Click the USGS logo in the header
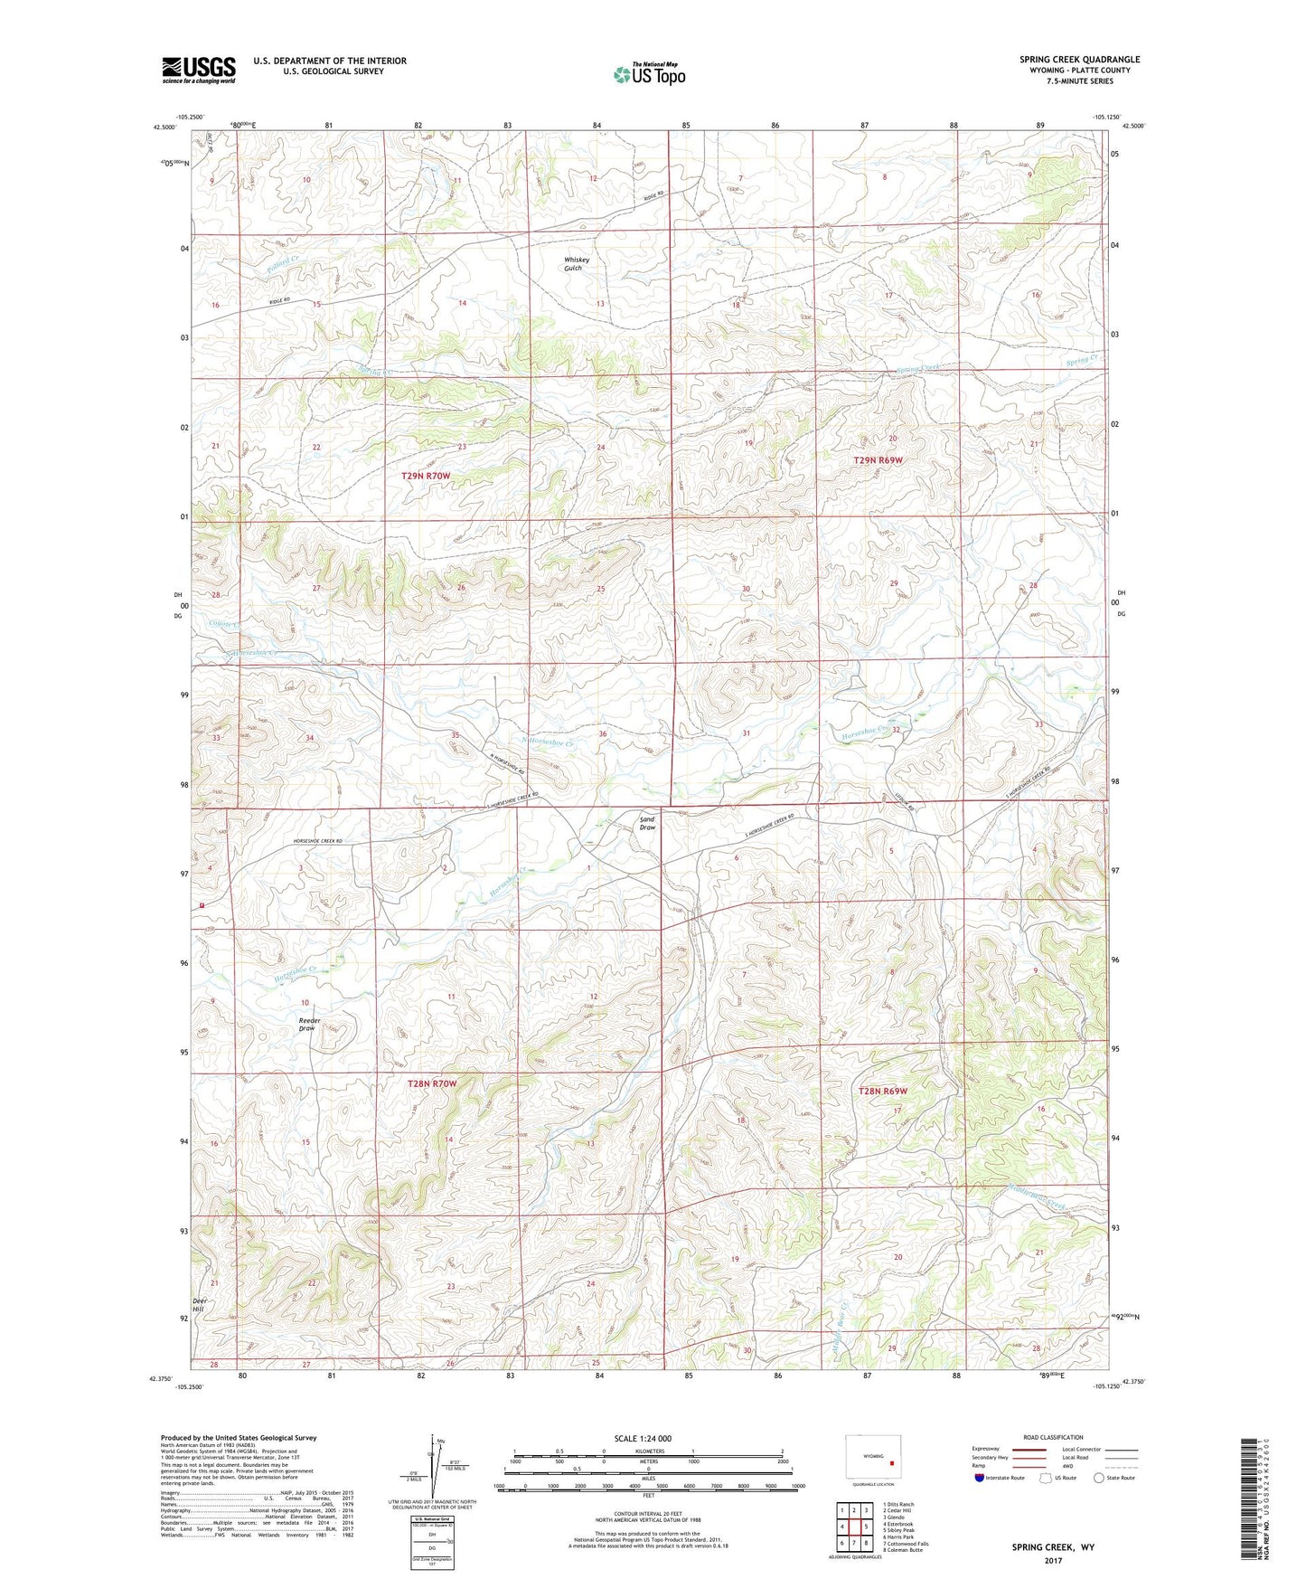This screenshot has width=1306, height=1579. click(198, 70)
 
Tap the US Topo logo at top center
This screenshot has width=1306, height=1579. click(649, 74)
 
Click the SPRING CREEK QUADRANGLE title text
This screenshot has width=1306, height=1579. click(1079, 60)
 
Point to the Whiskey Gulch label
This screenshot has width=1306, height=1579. click(577, 263)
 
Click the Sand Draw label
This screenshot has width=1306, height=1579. click(647, 823)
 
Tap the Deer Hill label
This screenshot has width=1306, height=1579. click(199, 1305)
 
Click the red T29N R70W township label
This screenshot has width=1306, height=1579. click(425, 476)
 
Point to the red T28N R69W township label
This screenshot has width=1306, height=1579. click(881, 1092)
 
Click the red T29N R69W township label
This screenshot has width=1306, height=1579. click(878, 460)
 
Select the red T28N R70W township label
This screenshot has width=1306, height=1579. click(432, 1083)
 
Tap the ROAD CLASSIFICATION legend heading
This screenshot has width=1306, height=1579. click(1053, 1437)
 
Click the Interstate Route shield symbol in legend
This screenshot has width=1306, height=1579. click(980, 1478)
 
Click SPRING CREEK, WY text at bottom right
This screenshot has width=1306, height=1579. click(1053, 1547)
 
